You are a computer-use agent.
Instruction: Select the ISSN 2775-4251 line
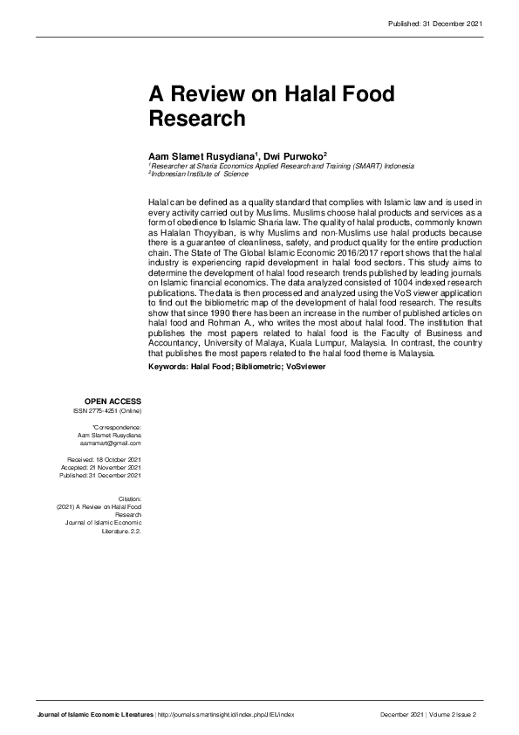click(108, 410)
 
